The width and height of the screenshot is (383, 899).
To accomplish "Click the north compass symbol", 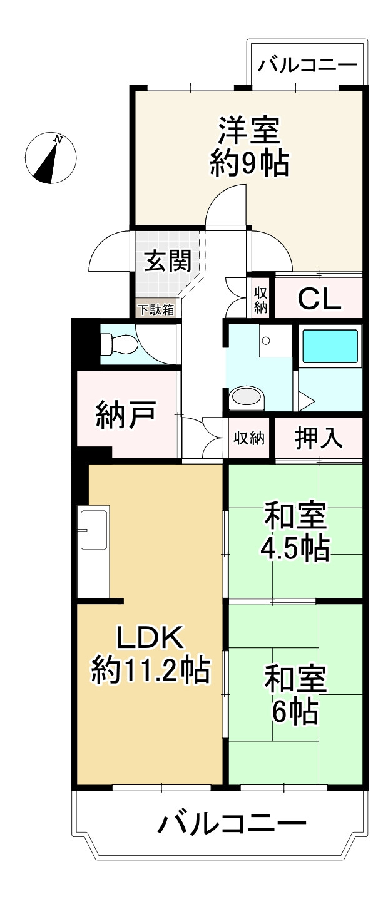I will click(x=51, y=158).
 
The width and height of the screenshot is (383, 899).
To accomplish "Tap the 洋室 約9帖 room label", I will click(x=248, y=147).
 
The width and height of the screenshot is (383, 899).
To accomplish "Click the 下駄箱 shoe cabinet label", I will click(x=156, y=309).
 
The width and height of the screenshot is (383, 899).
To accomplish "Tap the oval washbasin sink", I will click(x=247, y=396).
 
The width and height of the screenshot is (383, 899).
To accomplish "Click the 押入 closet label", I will click(x=319, y=438).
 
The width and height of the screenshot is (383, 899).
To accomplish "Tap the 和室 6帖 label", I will click(x=295, y=694).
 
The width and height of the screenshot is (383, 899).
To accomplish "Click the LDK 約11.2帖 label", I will click(x=150, y=655).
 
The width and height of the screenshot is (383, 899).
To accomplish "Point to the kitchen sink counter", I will click(x=93, y=552).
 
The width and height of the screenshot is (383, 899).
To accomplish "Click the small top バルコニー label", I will click(x=308, y=64).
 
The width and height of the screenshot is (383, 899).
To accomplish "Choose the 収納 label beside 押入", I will click(x=250, y=438).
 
